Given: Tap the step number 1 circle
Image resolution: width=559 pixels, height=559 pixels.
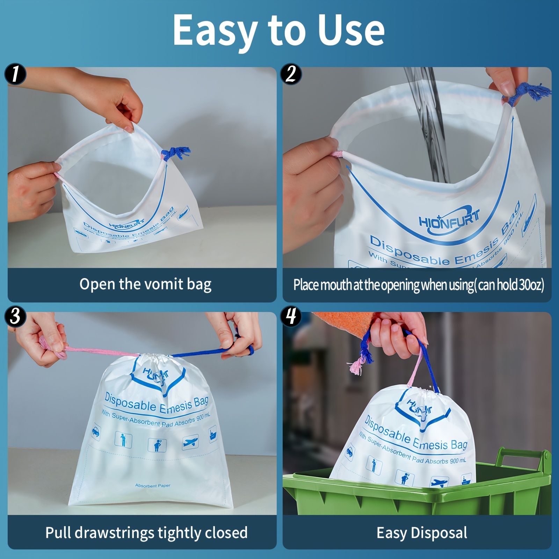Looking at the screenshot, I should (15, 74).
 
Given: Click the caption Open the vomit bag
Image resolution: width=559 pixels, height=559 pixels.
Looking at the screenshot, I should (145, 284).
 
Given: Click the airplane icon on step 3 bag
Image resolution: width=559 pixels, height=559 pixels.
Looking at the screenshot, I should (190, 442).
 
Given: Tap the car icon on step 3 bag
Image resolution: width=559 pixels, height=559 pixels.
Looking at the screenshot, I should (95, 433).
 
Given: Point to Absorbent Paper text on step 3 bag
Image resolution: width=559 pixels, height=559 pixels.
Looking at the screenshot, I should (153, 486).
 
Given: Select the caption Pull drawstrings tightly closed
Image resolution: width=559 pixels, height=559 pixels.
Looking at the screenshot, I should (146, 533).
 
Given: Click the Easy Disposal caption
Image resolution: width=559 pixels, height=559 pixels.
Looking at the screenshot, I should (422, 533).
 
